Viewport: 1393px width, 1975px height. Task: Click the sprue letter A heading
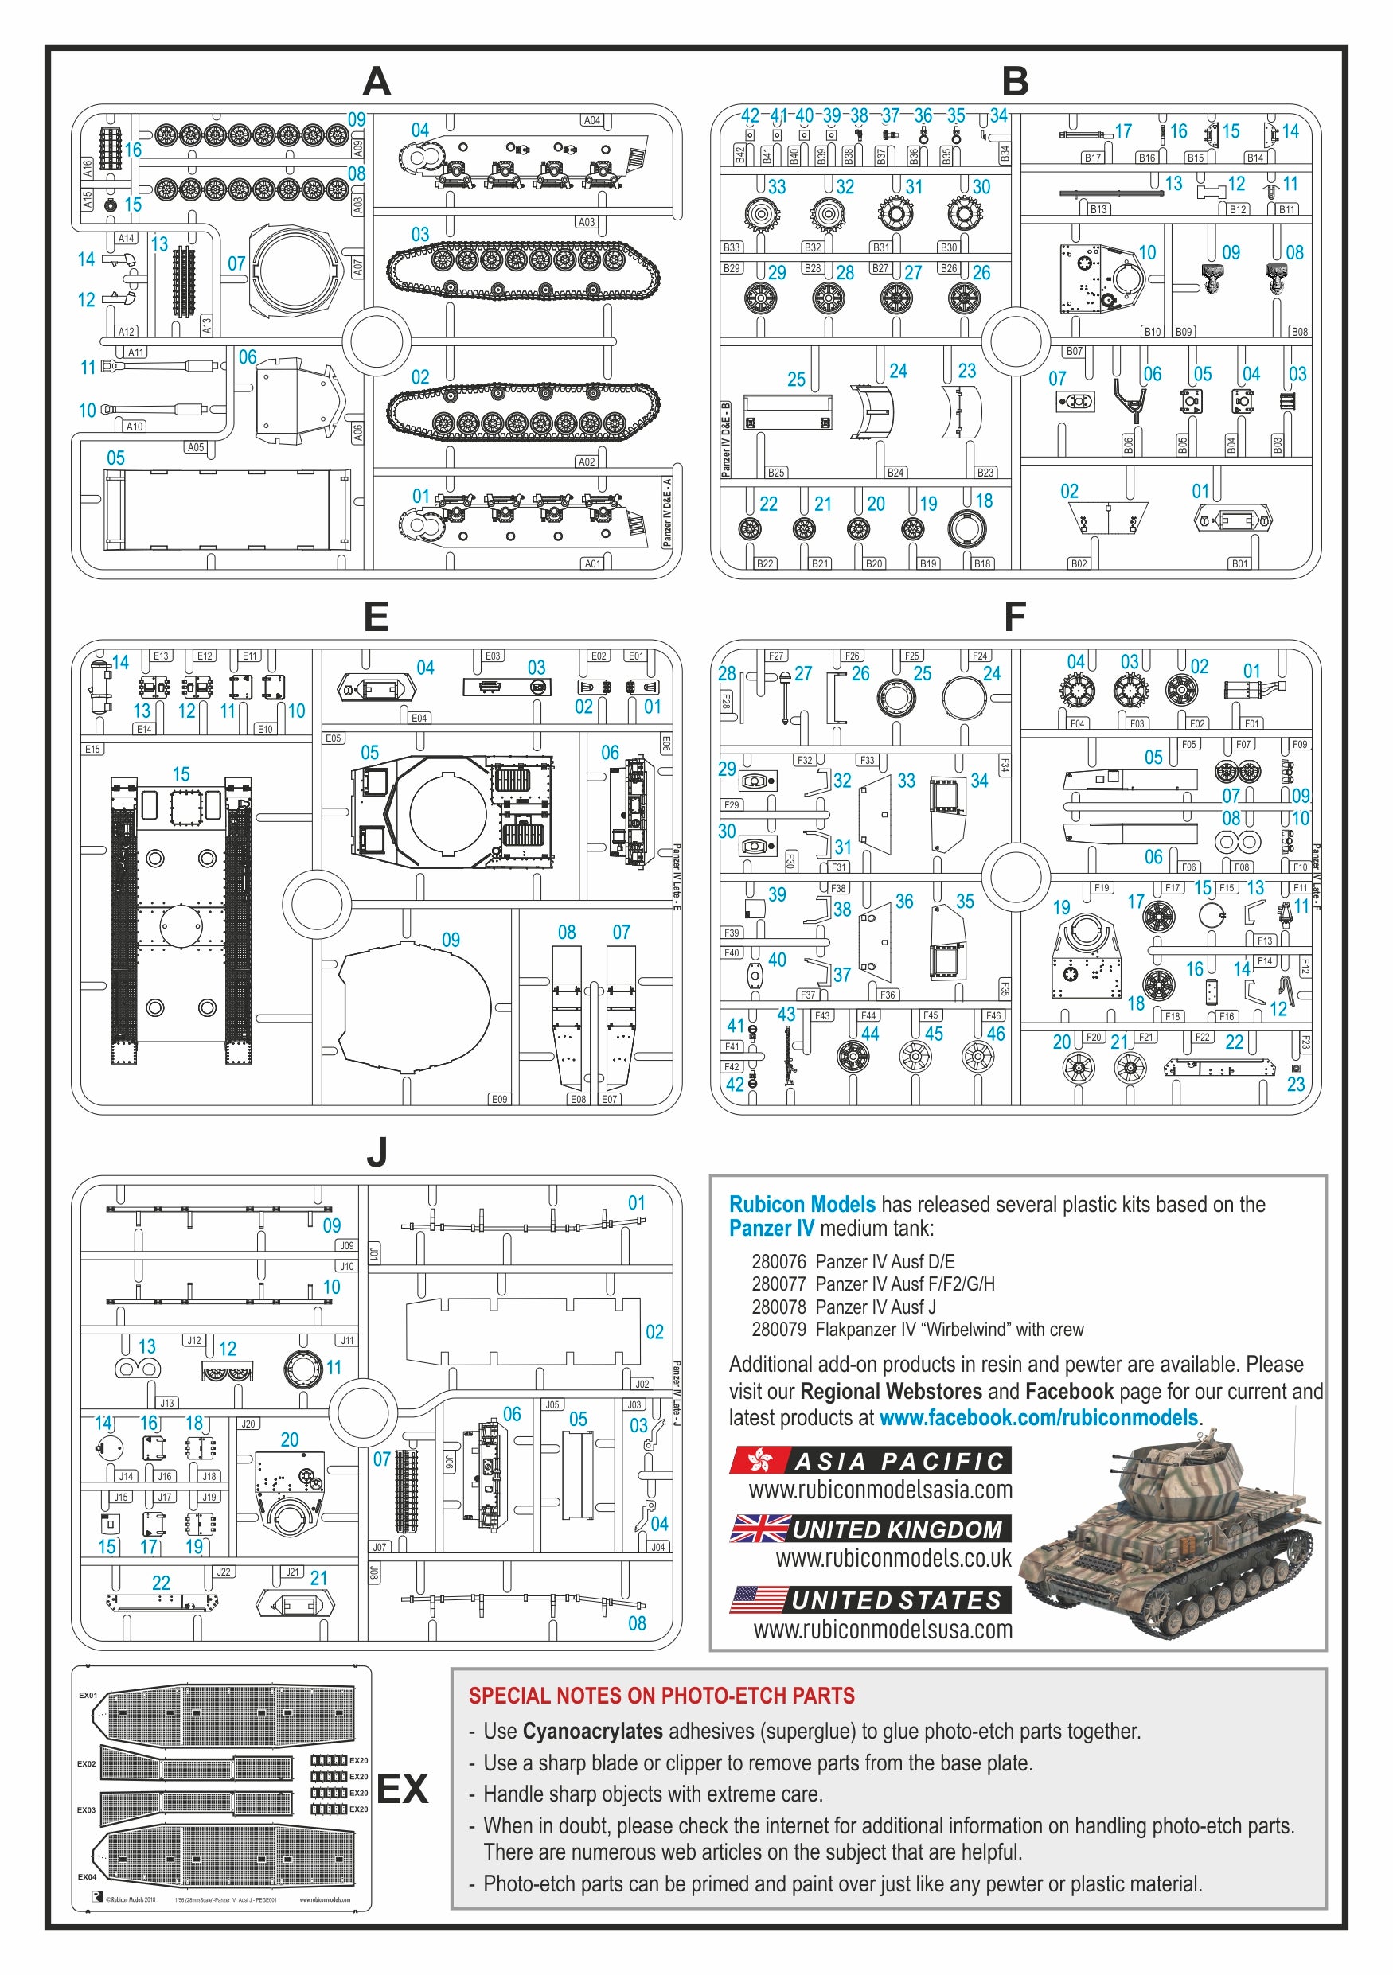[x=376, y=83]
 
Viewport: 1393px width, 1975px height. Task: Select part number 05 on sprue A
[x=115, y=458]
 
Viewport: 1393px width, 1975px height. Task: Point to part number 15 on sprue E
[x=181, y=773]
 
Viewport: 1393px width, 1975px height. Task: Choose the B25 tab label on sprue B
[x=775, y=472]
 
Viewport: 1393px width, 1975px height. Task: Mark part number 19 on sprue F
[x=1061, y=906]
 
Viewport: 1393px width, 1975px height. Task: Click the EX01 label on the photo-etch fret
[x=88, y=1696]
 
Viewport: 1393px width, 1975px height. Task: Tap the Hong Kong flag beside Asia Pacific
[x=759, y=1461]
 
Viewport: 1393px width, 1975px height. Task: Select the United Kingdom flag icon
[x=759, y=1529]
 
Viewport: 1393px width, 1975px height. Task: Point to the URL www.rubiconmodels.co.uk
[x=893, y=1558]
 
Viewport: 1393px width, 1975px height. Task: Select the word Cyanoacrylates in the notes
[x=592, y=1731]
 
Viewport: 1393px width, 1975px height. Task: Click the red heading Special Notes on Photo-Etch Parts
[x=661, y=1696]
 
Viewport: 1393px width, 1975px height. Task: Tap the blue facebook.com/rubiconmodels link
[x=1038, y=1418]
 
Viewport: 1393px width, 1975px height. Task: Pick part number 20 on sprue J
[x=289, y=1439]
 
